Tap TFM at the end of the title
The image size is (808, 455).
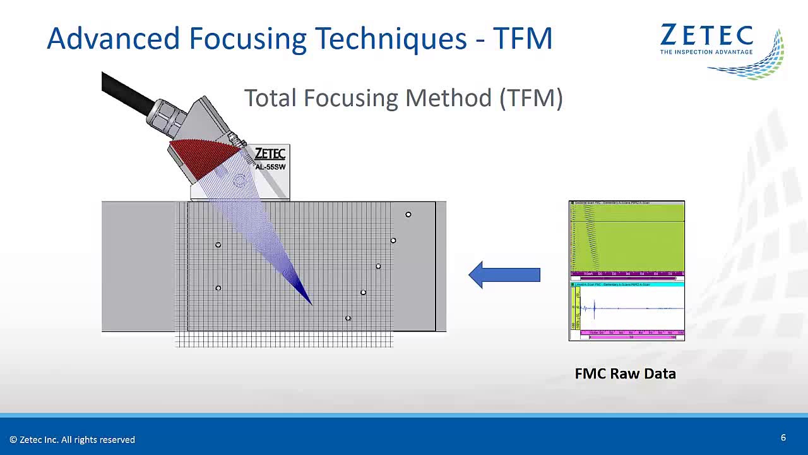(x=523, y=39)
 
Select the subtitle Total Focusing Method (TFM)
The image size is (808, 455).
(x=403, y=99)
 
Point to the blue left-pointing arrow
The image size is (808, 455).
(x=504, y=275)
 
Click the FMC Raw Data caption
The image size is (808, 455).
(x=625, y=373)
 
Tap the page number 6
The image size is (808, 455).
(x=783, y=437)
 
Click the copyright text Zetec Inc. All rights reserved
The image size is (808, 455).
(x=72, y=439)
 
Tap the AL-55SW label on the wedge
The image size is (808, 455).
(x=270, y=167)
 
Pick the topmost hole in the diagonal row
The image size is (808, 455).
(x=408, y=215)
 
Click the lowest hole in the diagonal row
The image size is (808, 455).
(x=348, y=318)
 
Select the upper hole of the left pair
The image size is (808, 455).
(x=218, y=245)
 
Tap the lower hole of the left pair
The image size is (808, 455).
(x=218, y=288)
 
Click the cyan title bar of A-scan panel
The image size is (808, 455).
(x=626, y=285)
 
